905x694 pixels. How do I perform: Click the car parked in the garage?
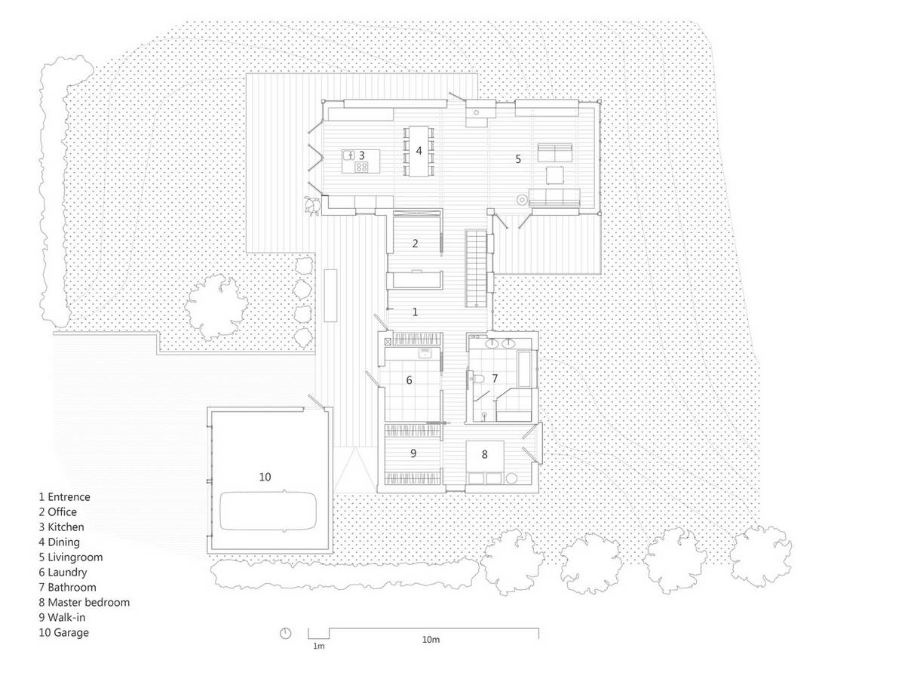pos(268,511)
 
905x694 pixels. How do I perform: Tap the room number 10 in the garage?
pos(265,477)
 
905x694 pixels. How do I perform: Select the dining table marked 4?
pos(419,151)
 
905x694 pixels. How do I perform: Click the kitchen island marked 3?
pos(360,161)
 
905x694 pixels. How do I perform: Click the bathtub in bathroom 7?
pos(524,369)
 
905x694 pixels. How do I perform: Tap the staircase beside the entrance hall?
pos(476,268)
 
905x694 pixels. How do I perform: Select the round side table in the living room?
pos(522,201)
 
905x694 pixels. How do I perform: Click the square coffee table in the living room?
pos(555,175)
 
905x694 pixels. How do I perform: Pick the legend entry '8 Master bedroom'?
pos(84,603)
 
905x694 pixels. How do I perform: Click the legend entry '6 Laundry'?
pos(63,573)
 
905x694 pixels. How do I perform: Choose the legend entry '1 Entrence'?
pos(65,497)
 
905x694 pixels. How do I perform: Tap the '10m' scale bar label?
pos(431,640)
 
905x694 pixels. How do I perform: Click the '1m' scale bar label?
pos(318,646)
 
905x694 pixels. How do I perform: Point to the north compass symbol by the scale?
pos(285,634)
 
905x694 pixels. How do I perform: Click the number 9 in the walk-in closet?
pos(413,453)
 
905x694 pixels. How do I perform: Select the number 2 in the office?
pos(415,244)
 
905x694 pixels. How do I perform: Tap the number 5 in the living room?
pos(518,158)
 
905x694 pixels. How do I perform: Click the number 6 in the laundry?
pos(409,380)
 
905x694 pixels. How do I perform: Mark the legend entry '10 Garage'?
pos(63,632)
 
